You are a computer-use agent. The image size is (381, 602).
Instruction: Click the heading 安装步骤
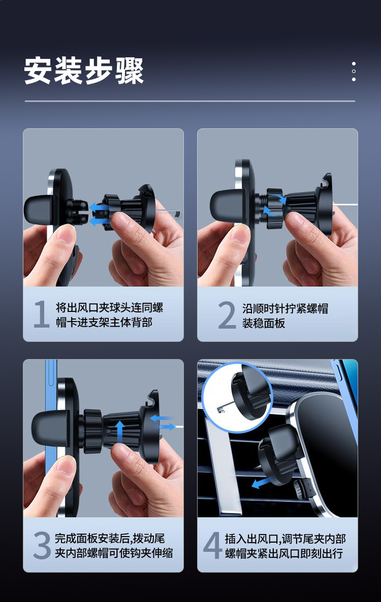pyautogui.click(x=84, y=70)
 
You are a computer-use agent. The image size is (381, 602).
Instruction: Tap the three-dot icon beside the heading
pyautogui.click(x=354, y=72)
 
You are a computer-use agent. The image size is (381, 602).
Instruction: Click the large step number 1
pyautogui.click(x=42, y=314)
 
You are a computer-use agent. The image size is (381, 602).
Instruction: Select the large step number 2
pyautogui.click(x=227, y=315)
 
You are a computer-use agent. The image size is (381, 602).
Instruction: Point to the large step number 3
pyautogui.click(x=42, y=545)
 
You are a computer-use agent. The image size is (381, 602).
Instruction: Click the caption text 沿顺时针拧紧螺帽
pyautogui.click(x=285, y=308)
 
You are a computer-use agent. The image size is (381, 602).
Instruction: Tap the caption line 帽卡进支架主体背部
pyautogui.click(x=104, y=322)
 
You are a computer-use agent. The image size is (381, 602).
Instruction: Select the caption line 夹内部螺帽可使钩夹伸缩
pyautogui.click(x=114, y=553)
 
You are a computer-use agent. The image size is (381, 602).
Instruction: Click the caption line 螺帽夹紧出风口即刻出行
pyautogui.click(x=284, y=553)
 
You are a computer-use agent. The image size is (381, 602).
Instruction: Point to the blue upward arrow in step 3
pyautogui.click(x=120, y=431)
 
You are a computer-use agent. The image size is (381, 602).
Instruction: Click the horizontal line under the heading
pyautogui.click(x=190, y=101)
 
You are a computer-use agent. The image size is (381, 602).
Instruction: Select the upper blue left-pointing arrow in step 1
pyautogui.click(x=99, y=208)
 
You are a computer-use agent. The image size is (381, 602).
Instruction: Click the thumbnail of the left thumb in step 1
pyautogui.click(x=66, y=234)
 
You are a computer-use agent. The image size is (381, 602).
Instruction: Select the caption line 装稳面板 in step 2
pyautogui.click(x=264, y=323)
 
